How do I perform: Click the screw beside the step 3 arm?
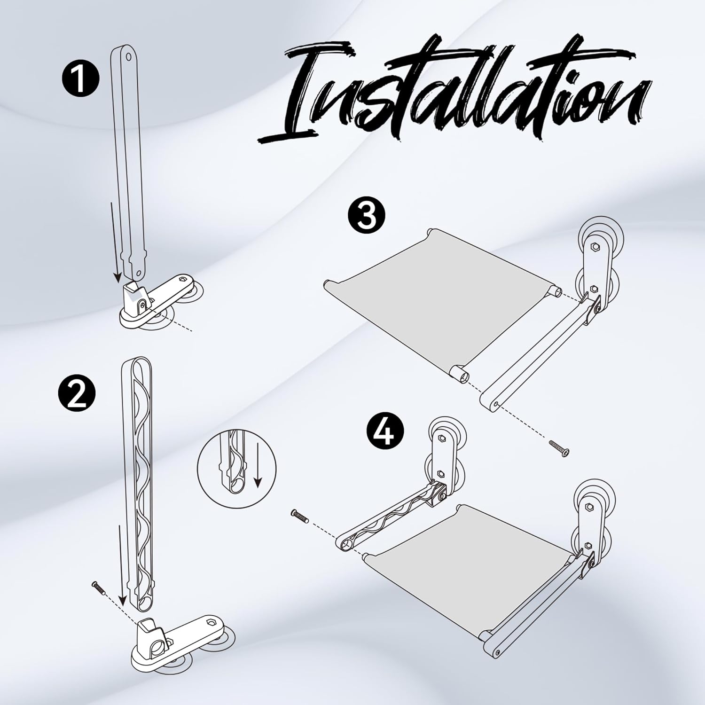click(x=559, y=448)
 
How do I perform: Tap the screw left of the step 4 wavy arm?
click(x=301, y=517)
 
